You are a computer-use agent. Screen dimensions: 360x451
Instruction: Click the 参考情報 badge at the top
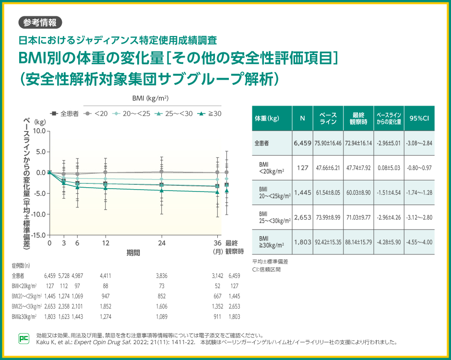[40, 22]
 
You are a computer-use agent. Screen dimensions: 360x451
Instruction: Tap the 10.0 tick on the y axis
[39, 131]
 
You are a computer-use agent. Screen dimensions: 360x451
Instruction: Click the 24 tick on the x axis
[162, 243]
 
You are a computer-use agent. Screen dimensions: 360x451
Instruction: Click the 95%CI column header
[419, 118]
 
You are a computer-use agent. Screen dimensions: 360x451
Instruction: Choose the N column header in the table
[302, 118]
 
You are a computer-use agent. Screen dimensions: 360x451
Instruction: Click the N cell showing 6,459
[302, 143]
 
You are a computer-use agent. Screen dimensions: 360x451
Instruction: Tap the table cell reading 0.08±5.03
[389, 168]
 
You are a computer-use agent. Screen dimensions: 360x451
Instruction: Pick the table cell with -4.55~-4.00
[419, 242]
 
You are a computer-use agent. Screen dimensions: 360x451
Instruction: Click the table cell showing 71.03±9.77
[358, 217]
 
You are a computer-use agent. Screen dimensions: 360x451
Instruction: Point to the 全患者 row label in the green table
[261, 143]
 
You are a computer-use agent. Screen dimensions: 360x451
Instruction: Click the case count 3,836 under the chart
[162, 276]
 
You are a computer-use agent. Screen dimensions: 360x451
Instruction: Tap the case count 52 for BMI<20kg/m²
[218, 286]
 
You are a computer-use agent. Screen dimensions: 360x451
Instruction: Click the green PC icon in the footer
[24, 338]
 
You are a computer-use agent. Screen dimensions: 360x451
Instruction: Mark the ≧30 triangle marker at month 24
[162, 191]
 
